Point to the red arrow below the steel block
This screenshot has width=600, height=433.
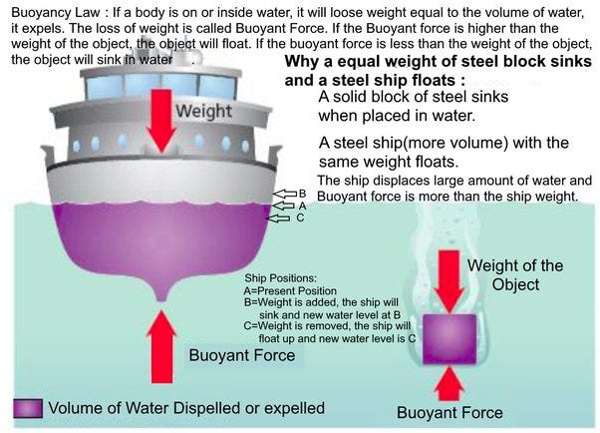[x=447, y=382]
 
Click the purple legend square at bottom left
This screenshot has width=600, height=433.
[x=26, y=408]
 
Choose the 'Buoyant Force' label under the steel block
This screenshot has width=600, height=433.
[x=450, y=412]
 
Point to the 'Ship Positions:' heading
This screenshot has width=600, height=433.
[x=282, y=277]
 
